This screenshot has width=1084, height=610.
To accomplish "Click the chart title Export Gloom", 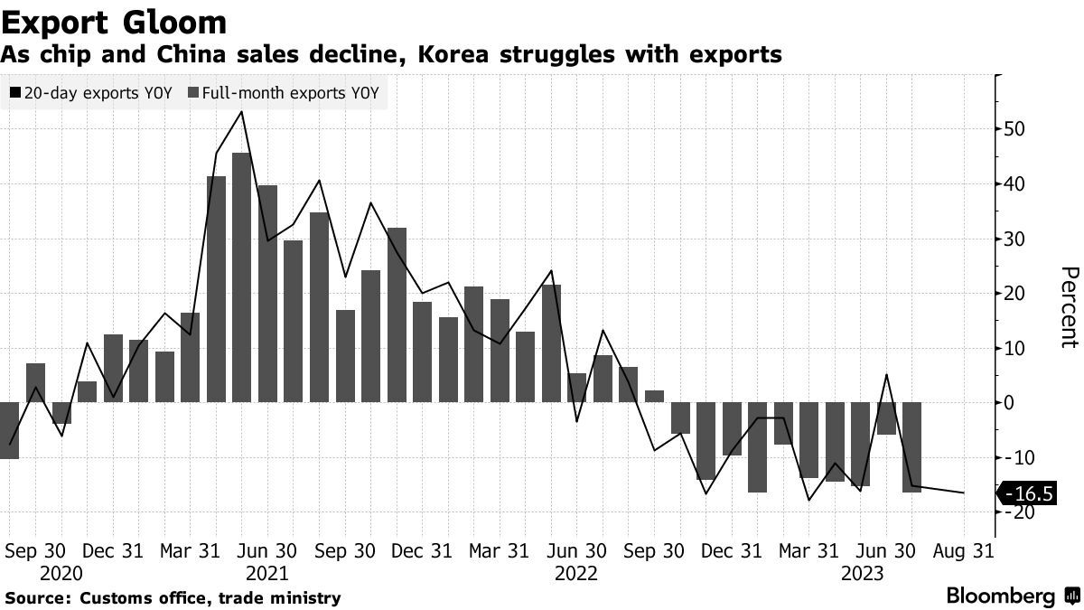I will tap(114, 21).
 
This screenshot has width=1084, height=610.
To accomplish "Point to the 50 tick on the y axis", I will tap(1013, 128).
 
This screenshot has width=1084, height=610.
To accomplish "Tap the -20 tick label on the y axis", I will tap(1013, 512).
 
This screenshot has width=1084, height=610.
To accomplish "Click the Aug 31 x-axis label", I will tap(964, 550).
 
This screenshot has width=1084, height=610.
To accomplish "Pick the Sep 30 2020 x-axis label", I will tap(36, 550).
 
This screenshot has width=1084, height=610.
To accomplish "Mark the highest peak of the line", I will tap(241, 112).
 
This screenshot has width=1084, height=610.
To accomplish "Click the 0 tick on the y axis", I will tap(1011, 403).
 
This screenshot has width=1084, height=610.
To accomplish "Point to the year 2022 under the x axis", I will tap(576, 574).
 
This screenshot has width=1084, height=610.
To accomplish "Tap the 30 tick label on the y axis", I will tap(1013, 239).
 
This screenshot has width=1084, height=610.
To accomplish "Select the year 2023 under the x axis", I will tap(863, 574).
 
